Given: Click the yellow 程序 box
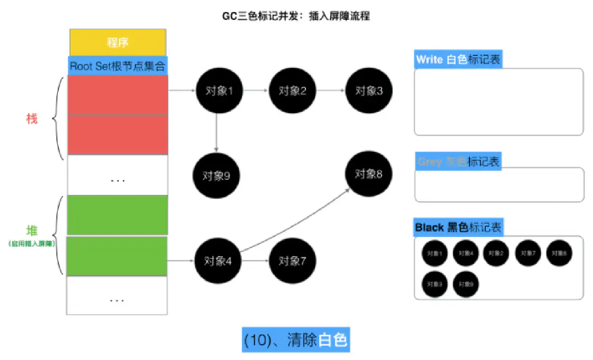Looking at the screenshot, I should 118,42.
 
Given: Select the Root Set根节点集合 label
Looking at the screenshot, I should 118,66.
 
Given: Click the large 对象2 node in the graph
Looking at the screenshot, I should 293,91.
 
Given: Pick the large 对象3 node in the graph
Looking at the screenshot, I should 369,91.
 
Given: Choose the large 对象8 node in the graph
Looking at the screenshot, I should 369,174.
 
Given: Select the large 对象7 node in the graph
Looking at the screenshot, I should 293,261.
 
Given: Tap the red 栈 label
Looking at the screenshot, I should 32,119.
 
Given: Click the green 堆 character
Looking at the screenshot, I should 32,231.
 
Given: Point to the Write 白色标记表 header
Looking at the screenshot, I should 458,60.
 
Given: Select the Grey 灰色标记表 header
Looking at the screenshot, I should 458,161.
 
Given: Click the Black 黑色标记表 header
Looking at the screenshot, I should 458,228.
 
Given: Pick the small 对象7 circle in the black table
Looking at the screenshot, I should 528,253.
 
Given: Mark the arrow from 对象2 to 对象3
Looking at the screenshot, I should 331,91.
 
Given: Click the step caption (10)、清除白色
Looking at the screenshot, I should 296,340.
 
